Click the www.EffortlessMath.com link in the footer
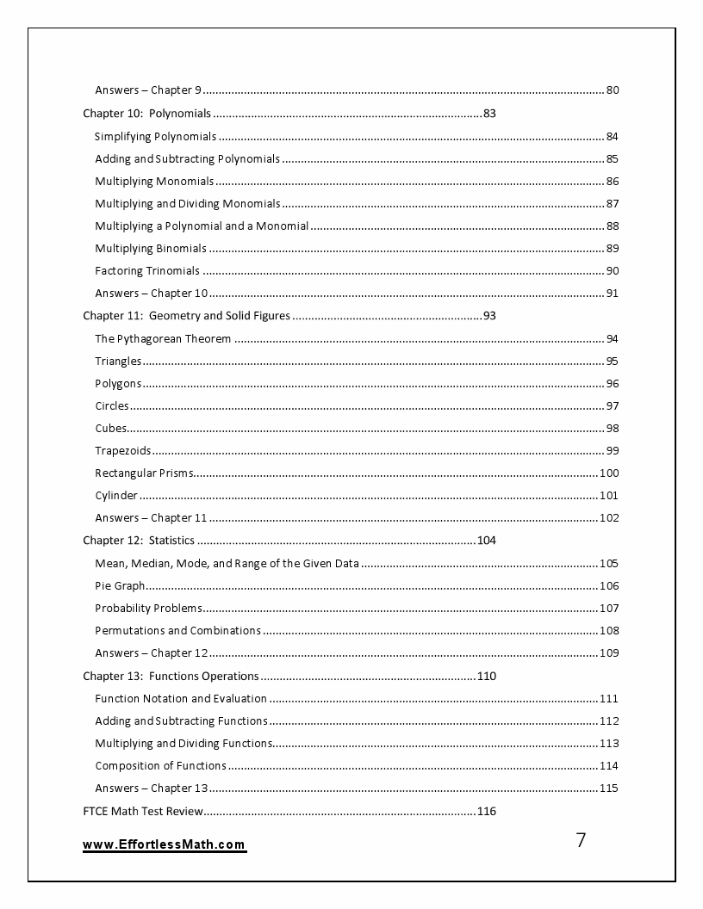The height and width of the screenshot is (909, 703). tap(165, 845)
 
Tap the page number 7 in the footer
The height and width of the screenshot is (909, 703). tap(581, 841)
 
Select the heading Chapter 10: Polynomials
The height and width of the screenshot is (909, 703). tap(146, 114)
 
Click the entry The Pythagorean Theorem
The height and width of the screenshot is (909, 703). tap(163, 339)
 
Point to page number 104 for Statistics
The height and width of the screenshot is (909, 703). tap(486, 541)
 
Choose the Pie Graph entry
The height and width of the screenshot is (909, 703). tap(120, 586)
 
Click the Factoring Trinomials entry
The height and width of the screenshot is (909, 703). tap(147, 271)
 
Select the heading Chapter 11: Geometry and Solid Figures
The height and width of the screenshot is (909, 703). tap(186, 316)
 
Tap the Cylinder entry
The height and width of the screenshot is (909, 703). tap(116, 496)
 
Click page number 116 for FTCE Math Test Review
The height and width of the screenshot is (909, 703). tap(486, 812)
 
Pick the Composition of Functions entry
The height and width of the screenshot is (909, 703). tap(161, 766)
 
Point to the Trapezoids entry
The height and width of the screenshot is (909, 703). tap(123, 451)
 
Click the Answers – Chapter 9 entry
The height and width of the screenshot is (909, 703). tap(148, 90)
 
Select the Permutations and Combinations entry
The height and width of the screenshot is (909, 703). tap(178, 631)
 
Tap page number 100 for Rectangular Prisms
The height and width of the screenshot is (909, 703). tap(609, 473)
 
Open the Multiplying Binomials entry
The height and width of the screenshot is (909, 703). tap(151, 249)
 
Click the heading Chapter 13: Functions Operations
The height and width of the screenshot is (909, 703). tap(171, 677)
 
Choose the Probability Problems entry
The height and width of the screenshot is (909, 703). tap(148, 609)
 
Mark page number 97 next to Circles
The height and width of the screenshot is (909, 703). tap(613, 406)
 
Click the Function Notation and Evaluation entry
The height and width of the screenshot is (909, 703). tap(181, 699)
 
